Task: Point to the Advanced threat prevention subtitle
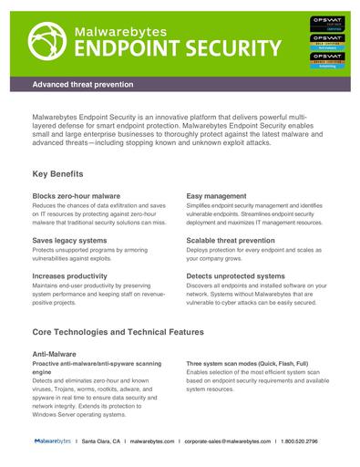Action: (x=83, y=84)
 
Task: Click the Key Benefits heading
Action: (x=58, y=173)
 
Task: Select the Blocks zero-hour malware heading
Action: (x=77, y=196)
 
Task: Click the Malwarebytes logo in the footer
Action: (x=54, y=441)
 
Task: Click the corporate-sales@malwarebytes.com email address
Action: (x=229, y=441)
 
